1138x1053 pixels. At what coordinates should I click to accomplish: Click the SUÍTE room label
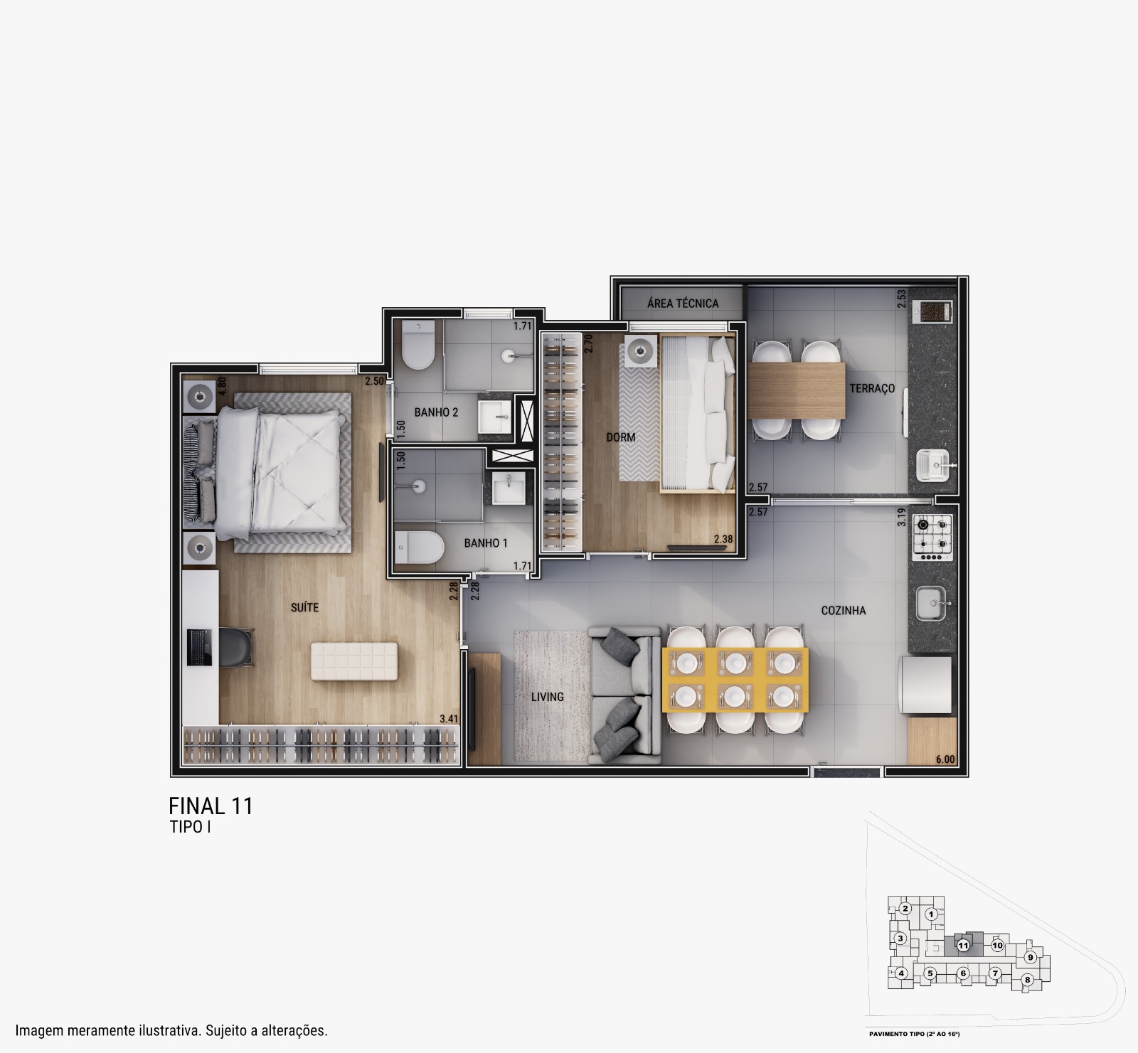304,607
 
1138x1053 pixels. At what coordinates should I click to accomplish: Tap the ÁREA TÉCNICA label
683,304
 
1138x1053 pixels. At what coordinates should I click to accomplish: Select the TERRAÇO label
872,388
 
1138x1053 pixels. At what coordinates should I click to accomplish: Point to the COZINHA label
844,610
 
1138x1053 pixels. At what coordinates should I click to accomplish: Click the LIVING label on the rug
548,697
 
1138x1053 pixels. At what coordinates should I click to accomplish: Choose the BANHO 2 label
436,412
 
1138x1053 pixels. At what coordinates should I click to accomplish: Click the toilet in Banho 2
418,344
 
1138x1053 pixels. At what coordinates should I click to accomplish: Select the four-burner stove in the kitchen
932,535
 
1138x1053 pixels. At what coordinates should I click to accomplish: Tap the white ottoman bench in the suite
354,661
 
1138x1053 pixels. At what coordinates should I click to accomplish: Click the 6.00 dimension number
945,759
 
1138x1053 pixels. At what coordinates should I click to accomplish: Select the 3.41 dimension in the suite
449,719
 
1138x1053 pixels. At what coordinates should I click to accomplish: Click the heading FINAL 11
211,806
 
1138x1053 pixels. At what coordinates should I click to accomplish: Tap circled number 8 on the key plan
1027,980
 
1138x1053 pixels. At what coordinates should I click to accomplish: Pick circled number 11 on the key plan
963,946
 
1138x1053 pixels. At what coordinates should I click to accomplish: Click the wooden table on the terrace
797,390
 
